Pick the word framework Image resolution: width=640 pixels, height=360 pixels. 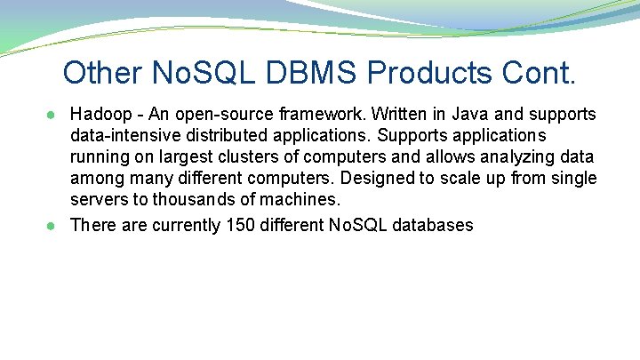coord(324,115)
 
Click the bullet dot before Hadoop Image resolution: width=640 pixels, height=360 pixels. coord(56,115)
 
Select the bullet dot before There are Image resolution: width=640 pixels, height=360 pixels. coord(56,225)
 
